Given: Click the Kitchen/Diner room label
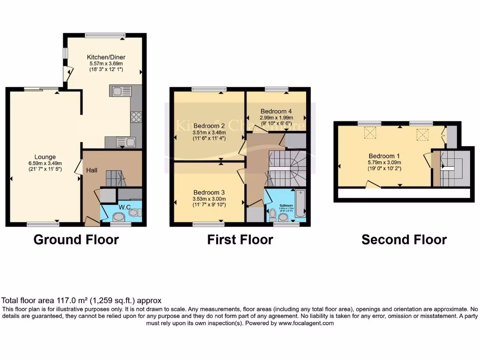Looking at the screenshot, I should point(107,57).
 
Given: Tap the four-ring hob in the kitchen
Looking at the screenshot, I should point(136,116).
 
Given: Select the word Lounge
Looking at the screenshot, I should point(45,157).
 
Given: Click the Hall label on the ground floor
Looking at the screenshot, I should point(92,170).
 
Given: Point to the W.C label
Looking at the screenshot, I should point(124,207).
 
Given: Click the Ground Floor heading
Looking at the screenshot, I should point(76,240).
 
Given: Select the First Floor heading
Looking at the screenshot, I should point(240,240).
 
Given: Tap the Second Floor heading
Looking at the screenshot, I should point(404,240).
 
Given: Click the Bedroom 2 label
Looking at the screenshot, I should point(210,126).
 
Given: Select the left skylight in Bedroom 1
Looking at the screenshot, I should point(371,134).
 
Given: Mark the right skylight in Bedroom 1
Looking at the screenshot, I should point(422,135).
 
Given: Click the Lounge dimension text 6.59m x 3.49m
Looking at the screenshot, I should point(45,163).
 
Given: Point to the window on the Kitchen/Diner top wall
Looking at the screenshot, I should point(105,35).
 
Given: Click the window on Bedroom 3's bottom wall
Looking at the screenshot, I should point(208,225).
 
